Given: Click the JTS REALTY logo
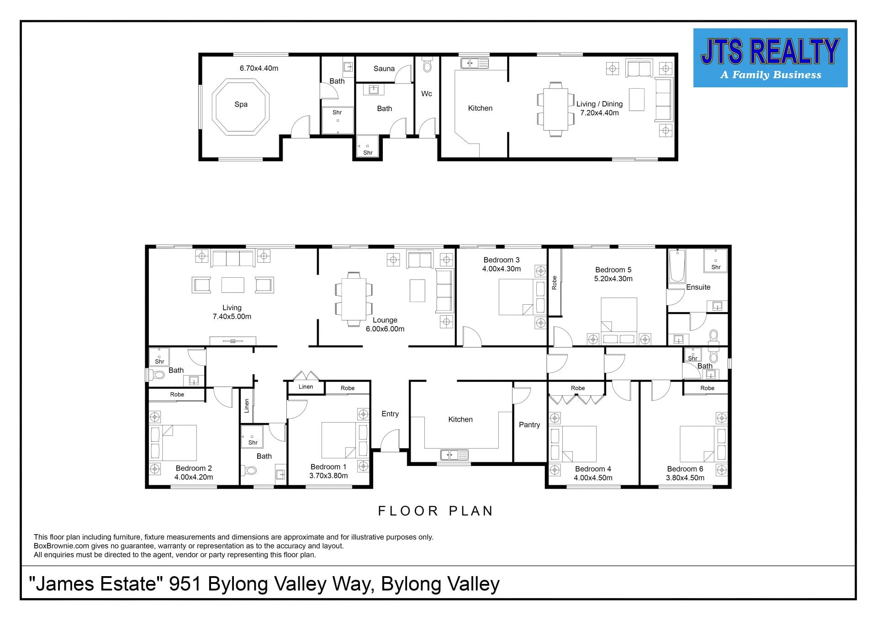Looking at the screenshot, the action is (x=770, y=58).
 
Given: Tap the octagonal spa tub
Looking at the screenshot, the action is (x=241, y=106).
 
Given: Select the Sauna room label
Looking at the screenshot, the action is (x=384, y=69).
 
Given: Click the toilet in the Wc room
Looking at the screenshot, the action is (x=427, y=65).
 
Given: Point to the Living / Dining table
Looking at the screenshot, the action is (x=555, y=109).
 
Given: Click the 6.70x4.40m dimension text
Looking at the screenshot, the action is (x=259, y=68).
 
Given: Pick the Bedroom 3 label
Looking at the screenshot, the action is (x=502, y=260).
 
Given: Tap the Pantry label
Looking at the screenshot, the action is (x=529, y=425).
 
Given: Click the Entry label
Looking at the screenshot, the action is (x=390, y=414).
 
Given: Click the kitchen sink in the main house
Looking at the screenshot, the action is (x=454, y=455).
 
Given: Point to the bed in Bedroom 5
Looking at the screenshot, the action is (x=619, y=321).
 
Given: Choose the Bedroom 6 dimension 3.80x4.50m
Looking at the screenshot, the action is (x=685, y=478).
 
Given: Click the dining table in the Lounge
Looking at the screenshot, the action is (x=354, y=299).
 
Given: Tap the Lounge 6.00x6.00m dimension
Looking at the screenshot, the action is (x=385, y=329).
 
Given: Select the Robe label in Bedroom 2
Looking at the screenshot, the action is (x=177, y=394).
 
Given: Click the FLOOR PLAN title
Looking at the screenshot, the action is (x=435, y=511).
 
